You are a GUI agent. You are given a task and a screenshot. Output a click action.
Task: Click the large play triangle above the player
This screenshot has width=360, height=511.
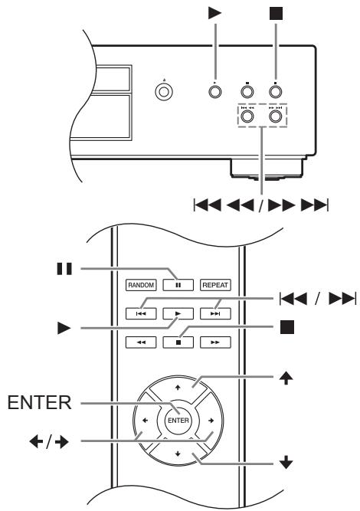tap(216, 13)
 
